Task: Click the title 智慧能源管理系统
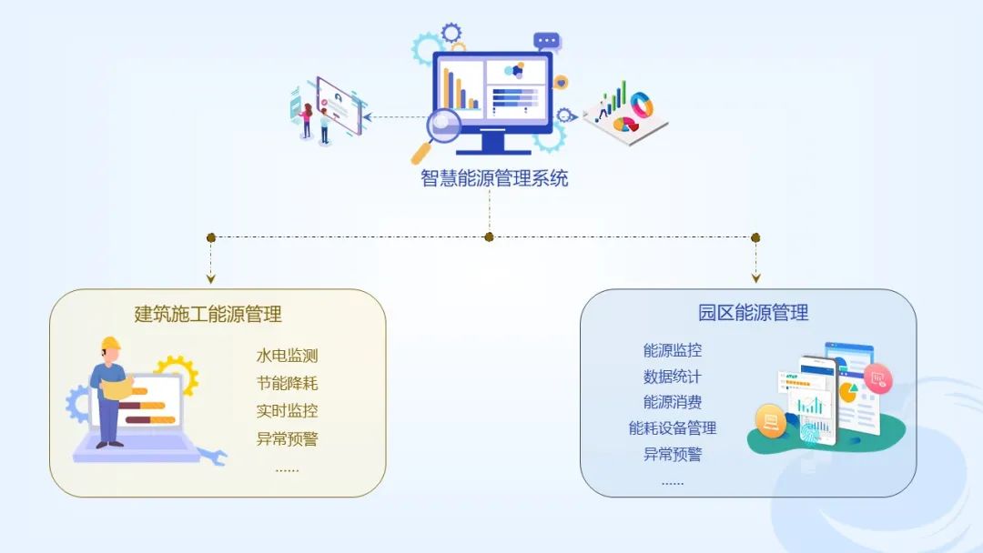coord(494,178)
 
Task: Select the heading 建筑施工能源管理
coord(208,315)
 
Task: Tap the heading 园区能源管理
coord(754,314)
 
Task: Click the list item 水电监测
coord(287,357)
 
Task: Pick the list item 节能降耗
coord(287,384)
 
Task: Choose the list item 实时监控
coord(287,411)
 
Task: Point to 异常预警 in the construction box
coord(287,439)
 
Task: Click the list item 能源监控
coord(673,350)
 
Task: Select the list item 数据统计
coord(673,377)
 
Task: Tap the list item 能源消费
coord(673,402)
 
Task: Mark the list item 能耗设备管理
coord(673,428)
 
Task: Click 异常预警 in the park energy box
coord(673,455)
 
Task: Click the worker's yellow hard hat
coord(111,344)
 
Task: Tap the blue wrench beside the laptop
coord(212,456)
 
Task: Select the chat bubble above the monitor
coord(546,41)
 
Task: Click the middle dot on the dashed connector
coord(489,237)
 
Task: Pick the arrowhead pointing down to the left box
coord(211,277)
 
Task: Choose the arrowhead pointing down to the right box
coord(755,277)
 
